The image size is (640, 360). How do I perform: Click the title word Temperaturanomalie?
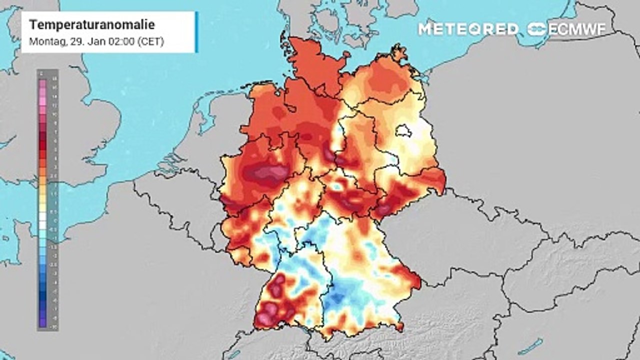click(x=92, y=25)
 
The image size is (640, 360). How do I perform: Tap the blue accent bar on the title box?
click(x=196, y=32)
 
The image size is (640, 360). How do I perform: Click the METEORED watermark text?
click(x=468, y=29)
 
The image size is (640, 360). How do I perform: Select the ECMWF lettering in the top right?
click(x=577, y=29)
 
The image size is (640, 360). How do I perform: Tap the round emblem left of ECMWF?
click(x=537, y=29)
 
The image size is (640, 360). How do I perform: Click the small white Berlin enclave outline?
click(x=403, y=131)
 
